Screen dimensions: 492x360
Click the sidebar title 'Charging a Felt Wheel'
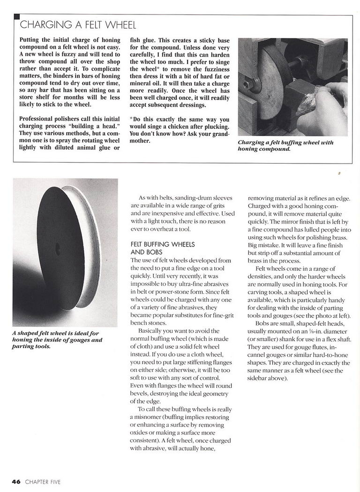pyautogui.click(x=78, y=25)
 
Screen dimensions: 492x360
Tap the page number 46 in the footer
pyautogui.click(x=16, y=481)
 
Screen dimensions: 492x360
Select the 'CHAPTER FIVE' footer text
pyautogui.click(x=43, y=481)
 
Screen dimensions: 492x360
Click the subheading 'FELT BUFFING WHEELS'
pyautogui.click(x=162, y=244)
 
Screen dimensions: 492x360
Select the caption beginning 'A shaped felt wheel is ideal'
pyautogui.click(x=57, y=340)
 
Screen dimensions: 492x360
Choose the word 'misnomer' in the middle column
pyautogui.click(x=147, y=417)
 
